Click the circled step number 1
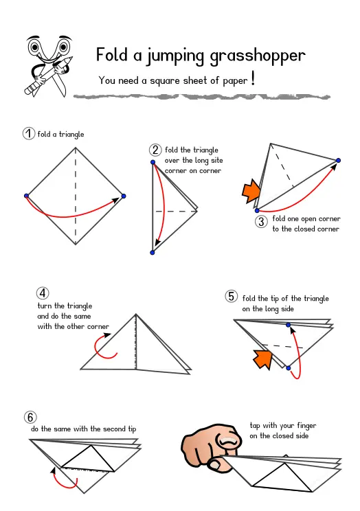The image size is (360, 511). pyautogui.click(x=29, y=133)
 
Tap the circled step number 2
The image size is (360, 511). pyautogui.click(x=155, y=150)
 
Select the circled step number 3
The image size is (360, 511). pyautogui.click(x=261, y=222)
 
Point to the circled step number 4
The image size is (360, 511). pyautogui.click(x=43, y=293)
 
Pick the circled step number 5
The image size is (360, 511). pyautogui.click(x=232, y=296)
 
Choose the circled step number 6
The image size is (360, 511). pyautogui.click(x=30, y=417)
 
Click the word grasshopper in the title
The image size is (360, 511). pyautogui.click(x=258, y=56)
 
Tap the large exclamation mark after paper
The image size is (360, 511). pyautogui.click(x=253, y=78)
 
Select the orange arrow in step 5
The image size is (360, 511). pyautogui.click(x=263, y=359)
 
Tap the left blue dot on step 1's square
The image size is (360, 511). pyautogui.click(x=26, y=196)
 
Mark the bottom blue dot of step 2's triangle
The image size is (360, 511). pyautogui.click(x=153, y=253)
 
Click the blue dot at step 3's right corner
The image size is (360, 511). pyautogui.click(x=338, y=160)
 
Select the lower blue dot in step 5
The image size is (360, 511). pyautogui.click(x=289, y=368)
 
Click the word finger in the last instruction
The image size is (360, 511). pyautogui.click(x=306, y=426)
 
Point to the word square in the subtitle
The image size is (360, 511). pyautogui.click(x=165, y=81)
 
